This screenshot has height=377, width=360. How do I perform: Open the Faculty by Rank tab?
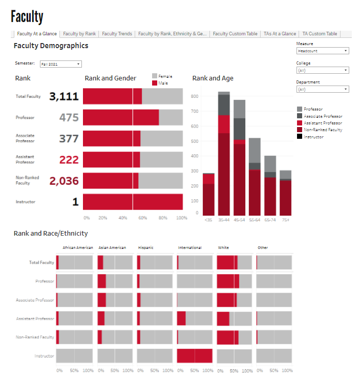79,34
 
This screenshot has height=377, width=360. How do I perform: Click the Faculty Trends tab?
117,34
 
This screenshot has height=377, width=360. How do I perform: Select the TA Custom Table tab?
320,34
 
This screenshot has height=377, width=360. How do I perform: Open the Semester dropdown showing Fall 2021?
61,64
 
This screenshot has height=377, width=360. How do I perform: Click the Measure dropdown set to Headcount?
323,51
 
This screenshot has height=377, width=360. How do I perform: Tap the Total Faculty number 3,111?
64,96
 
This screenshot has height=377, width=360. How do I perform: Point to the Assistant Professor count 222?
69,160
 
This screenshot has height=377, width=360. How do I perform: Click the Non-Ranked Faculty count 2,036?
64,181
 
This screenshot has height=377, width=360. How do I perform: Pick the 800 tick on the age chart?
194,96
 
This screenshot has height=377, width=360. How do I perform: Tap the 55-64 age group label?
255,219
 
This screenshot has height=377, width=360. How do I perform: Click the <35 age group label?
208,219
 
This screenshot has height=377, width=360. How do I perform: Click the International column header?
189,248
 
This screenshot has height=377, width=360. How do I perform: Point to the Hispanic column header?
146,248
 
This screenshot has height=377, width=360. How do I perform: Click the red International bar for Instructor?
195,355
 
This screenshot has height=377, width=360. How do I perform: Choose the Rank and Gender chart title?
110,78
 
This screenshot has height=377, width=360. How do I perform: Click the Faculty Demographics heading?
51,46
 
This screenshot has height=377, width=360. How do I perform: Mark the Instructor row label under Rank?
26,202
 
